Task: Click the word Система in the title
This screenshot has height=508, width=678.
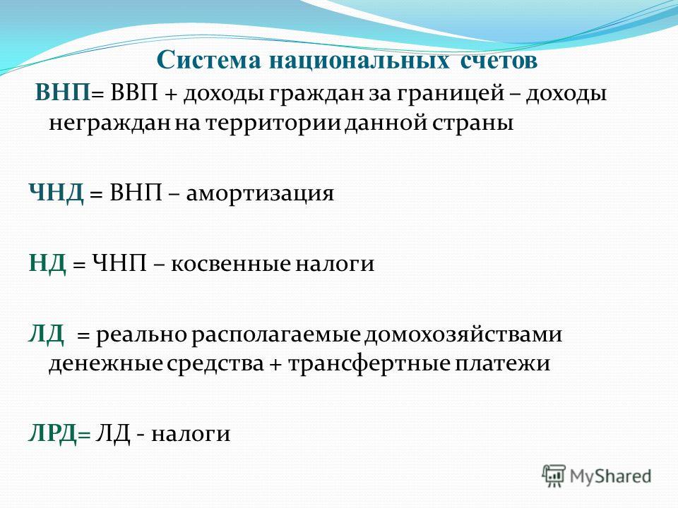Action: click(208, 60)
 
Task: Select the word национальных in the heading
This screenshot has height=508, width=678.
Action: click(359, 60)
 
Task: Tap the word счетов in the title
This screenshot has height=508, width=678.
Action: click(499, 61)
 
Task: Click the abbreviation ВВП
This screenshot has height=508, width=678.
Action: click(134, 93)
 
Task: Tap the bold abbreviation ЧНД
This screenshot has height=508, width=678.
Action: click(56, 193)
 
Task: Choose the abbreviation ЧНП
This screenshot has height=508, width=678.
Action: click(119, 262)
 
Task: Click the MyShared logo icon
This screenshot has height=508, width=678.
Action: click(554, 476)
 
